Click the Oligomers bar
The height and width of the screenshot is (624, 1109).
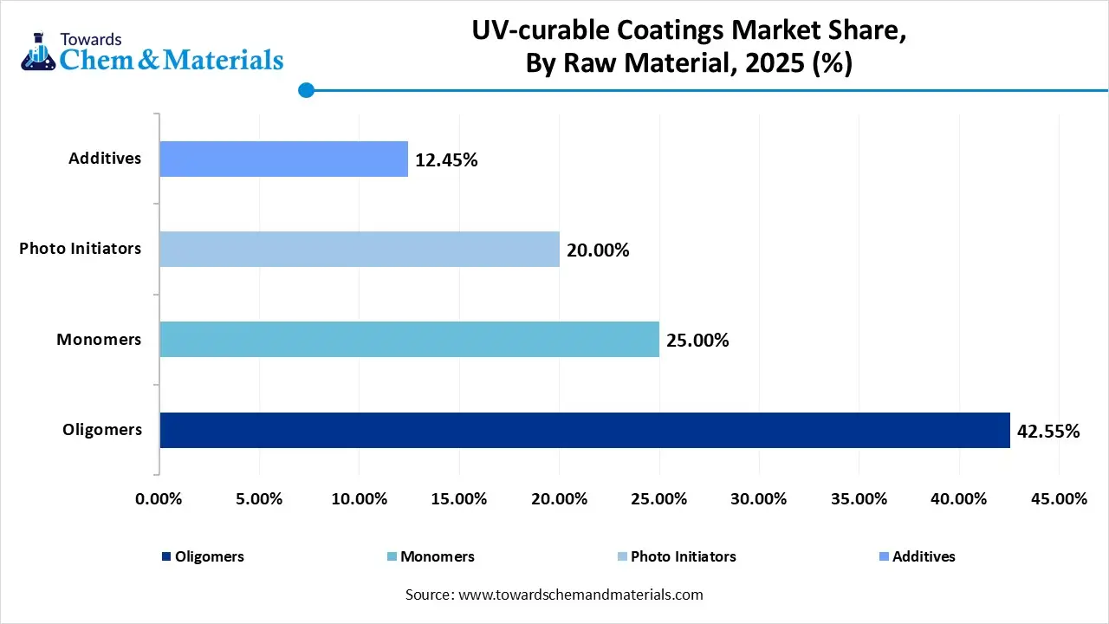click(x=585, y=430)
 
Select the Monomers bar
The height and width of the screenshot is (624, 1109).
click(x=409, y=339)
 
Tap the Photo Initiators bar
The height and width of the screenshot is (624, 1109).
click(x=360, y=249)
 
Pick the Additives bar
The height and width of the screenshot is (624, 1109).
click(x=283, y=159)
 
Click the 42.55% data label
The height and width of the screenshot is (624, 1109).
click(x=1048, y=431)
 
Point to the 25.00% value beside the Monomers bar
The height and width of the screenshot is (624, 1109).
click(x=697, y=341)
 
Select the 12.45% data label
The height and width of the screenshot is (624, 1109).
click(x=446, y=160)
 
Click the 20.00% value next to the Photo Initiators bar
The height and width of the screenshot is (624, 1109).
click(x=598, y=250)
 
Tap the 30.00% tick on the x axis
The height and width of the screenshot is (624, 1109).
click(x=759, y=499)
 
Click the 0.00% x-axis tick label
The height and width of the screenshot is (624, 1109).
click(x=159, y=499)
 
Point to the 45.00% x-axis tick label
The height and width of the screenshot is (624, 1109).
click(x=1059, y=499)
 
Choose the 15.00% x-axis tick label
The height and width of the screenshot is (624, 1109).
click(x=459, y=499)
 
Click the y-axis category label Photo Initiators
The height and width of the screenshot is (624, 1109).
click(x=81, y=249)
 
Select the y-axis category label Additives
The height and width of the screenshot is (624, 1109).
click(x=105, y=159)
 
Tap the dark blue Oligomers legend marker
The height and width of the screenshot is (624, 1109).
click(x=165, y=556)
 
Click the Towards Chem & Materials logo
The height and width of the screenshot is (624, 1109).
click(x=152, y=52)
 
